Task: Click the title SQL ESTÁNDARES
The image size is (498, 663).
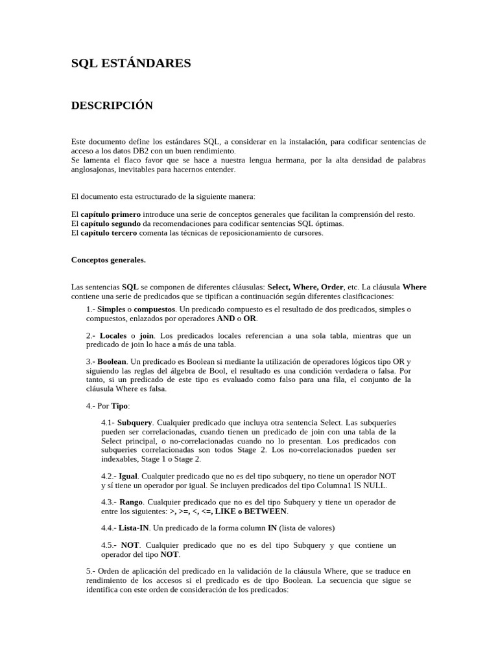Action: pos(131,63)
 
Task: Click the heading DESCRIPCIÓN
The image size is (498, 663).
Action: pos(112,106)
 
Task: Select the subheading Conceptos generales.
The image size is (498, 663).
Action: pos(108,260)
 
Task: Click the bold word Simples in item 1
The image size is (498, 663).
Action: pos(111,309)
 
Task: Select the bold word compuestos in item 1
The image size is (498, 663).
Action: pos(154,309)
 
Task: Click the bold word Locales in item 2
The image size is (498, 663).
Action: pos(113,335)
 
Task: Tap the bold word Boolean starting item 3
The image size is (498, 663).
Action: pos(112,361)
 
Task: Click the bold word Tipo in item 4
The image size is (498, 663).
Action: pos(120,405)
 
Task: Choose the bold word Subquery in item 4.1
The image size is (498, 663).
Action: pos(135,422)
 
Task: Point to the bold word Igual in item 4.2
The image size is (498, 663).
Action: pos(128,476)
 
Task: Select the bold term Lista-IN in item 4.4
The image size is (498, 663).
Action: pos(134,528)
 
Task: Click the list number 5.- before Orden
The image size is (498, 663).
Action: pos(91,572)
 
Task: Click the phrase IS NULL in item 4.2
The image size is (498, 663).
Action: pos(372,485)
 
